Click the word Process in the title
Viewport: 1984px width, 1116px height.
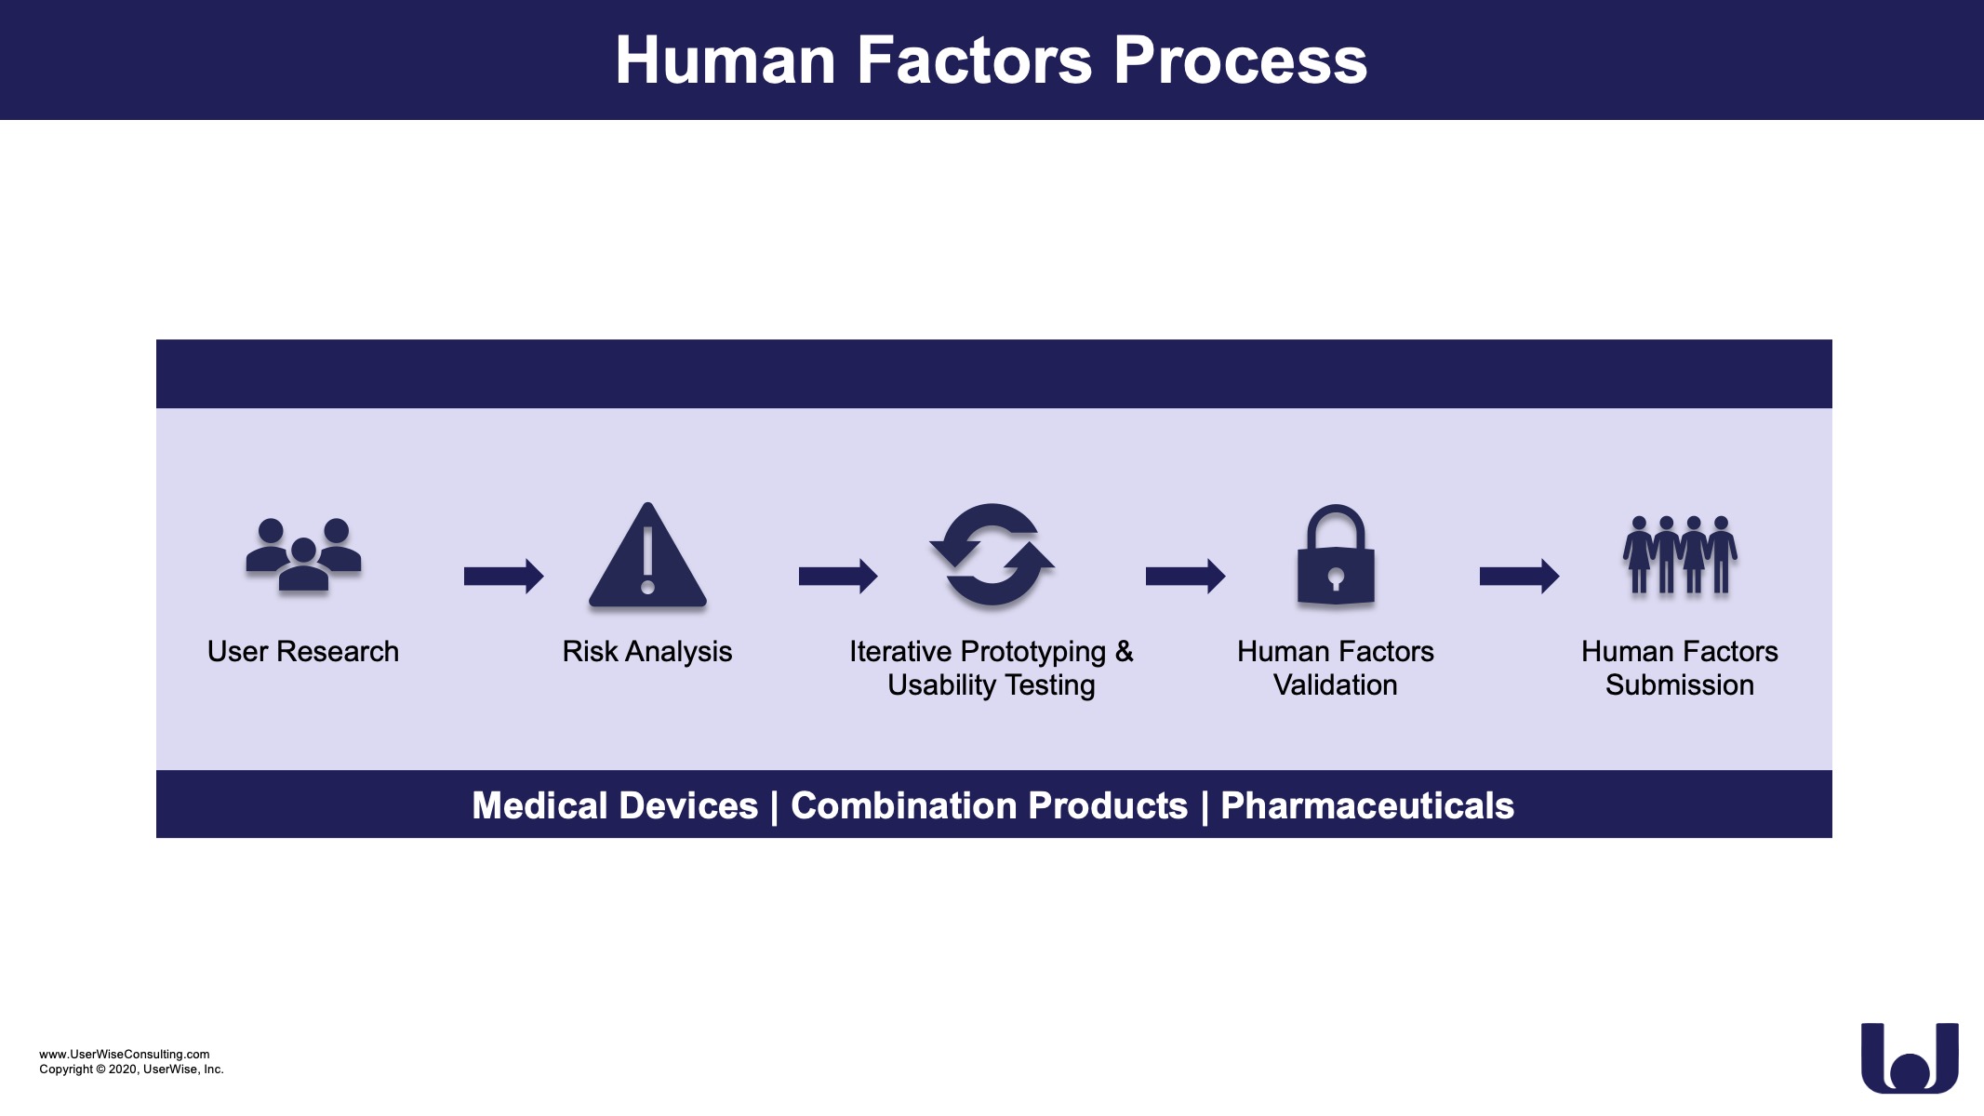pos(1240,60)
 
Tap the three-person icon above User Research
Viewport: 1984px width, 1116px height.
pos(303,554)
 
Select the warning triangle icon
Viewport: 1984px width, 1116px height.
pos(648,555)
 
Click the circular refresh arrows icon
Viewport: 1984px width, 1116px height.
pos(992,555)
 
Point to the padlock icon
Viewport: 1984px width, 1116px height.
pos(1336,555)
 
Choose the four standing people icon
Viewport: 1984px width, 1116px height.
pos(1680,555)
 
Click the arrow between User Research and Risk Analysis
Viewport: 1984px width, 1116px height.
pos(503,577)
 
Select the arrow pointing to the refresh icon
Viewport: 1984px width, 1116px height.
pos(838,577)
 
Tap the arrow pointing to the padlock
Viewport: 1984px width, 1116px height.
pos(1185,577)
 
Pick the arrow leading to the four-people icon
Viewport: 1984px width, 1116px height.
pos(1519,577)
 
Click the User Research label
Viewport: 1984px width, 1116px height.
pos(303,652)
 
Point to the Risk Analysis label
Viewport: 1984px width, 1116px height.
pos(647,652)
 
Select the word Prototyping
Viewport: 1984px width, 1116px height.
pos(1032,653)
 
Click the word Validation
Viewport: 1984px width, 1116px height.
pos(1336,685)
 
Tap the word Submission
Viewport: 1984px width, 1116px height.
pos(1680,685)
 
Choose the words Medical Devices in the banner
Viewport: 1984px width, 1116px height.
pos(615,805)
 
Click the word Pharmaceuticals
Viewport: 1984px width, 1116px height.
pos(1367,805)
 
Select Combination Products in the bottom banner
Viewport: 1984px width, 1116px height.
pos(990,805)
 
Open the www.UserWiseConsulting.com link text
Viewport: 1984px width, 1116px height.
pos(125,1055)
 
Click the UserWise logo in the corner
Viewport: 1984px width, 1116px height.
pos(1911,1058)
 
